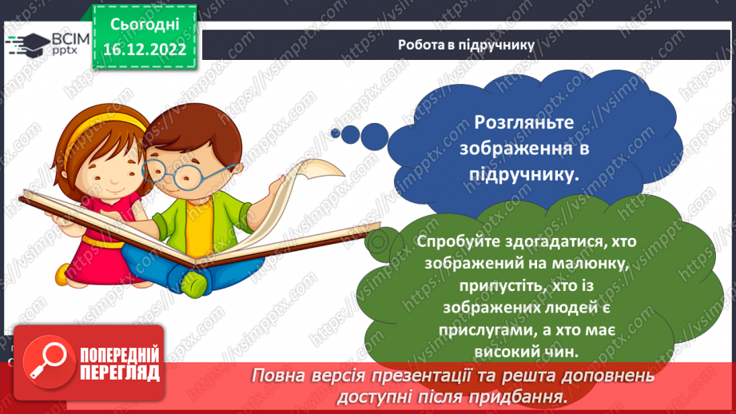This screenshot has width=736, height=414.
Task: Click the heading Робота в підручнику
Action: [x=466, y=45]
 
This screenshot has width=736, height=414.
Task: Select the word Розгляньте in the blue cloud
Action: [x=523, y=124]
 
